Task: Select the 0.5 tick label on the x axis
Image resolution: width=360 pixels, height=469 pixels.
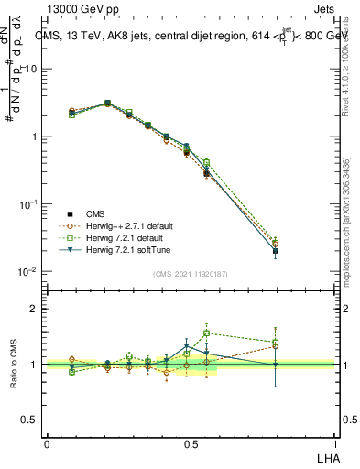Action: (x=191, y=444)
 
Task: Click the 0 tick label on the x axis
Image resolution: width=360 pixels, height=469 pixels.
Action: (x=47, y=444)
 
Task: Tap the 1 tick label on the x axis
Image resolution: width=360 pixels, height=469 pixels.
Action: (x=334, y=444)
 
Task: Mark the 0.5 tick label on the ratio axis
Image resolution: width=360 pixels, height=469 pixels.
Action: (x=31, y=420)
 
